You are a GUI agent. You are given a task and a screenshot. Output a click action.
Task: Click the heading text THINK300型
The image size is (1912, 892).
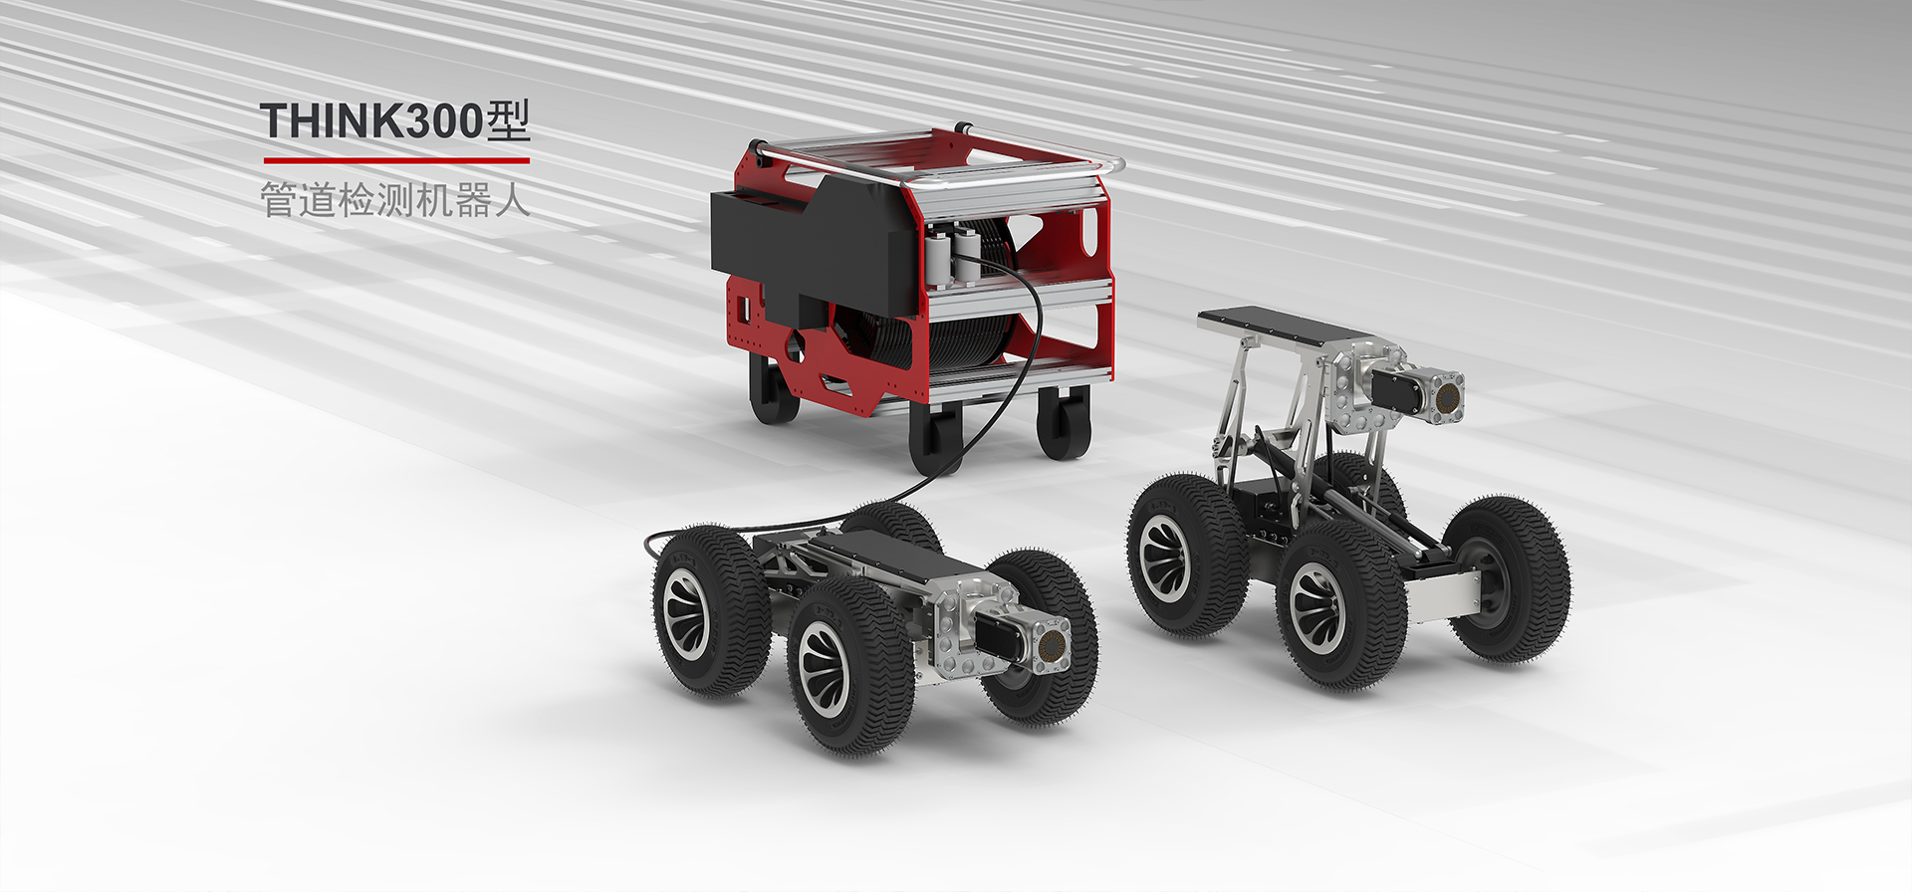(x=395, y=120)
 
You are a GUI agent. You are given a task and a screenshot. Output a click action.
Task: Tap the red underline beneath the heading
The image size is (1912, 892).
(x=396, y=159)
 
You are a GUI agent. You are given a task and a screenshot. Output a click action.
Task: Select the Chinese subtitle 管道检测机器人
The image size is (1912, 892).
(x=394, y=200)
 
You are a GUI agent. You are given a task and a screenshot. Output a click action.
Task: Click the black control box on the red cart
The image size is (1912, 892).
(x=812, y=244)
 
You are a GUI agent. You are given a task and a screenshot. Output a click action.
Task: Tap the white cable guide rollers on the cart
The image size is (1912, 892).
(x=951, y=257)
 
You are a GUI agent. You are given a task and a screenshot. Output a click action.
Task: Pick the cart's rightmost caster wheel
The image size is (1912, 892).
(x=1064, y=423)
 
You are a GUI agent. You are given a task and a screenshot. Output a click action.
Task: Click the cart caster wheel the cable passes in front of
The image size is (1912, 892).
(x=936, y=438)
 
